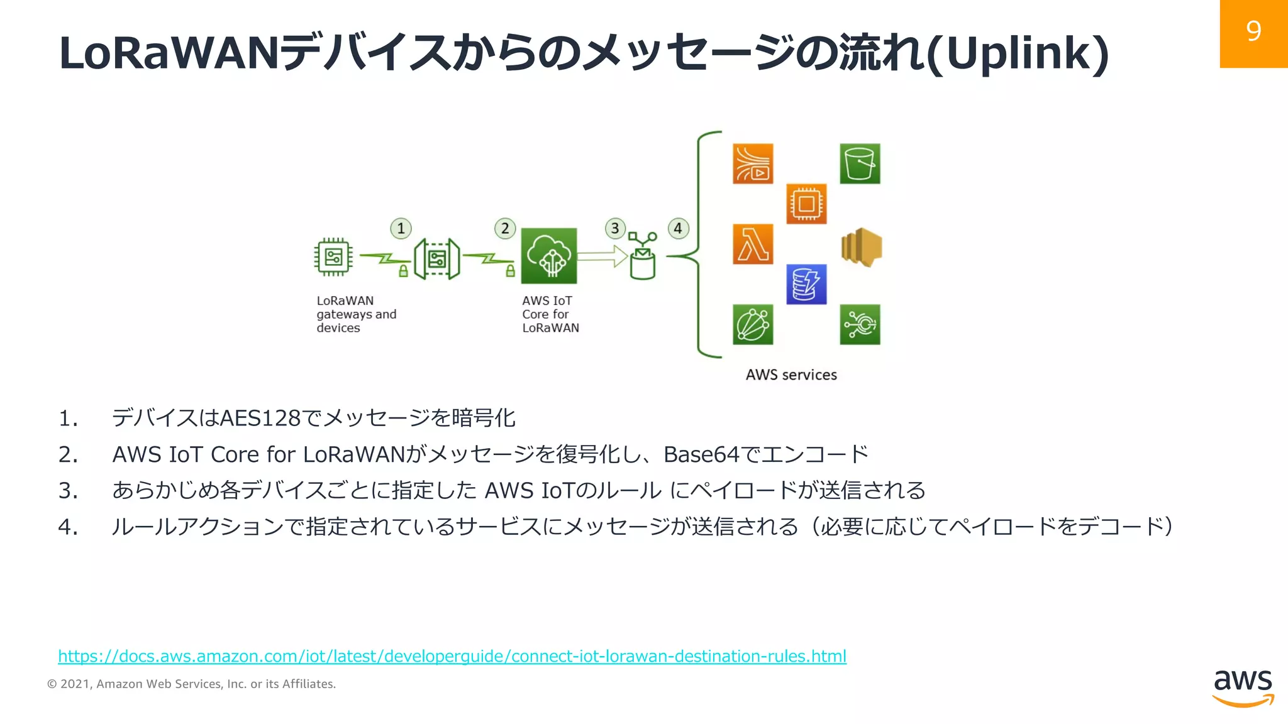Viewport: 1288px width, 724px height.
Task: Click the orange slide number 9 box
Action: point(1253,33)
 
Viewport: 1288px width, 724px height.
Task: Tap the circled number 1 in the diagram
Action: point(401,228)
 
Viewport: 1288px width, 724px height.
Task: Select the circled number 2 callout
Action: point(505,228)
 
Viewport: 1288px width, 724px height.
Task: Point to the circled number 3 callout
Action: point(615,228)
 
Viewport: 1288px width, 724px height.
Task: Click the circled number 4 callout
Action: point(678,228)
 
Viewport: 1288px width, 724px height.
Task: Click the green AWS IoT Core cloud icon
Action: point(549,256)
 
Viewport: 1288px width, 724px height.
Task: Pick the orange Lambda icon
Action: point(753,244)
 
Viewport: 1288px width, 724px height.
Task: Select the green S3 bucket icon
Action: point(860,163)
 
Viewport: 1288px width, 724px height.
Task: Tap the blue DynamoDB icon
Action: point(806,284)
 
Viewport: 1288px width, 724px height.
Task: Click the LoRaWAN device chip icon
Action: point(333,256)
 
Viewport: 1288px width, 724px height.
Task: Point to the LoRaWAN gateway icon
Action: point(436,258)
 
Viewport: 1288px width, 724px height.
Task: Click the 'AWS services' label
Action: point(791,375)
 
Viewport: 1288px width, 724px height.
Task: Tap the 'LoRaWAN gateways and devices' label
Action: point(356,314)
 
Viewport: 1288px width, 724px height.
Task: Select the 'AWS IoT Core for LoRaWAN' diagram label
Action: point(550,314)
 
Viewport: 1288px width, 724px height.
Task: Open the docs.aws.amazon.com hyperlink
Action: point(452,656)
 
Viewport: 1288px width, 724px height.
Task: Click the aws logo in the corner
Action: point(1243,688)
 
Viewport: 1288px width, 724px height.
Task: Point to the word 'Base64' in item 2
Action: point(701,454)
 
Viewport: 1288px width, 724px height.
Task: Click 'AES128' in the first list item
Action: point(260,418)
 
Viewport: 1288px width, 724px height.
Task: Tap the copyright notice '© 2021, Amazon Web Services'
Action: point(191,684)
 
